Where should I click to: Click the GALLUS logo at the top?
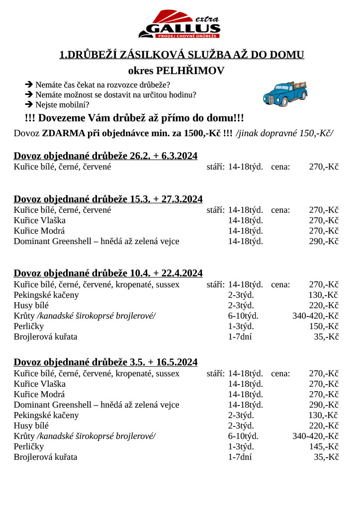[180, 24]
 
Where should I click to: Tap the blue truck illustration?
[285, 93]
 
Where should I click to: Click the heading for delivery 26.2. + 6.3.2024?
[105, 156]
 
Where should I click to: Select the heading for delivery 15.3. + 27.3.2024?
[108, 199]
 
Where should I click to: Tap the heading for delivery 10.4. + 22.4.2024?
[108, 273]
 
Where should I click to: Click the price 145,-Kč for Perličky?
[324, 446]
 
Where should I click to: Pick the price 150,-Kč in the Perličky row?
[324, 326]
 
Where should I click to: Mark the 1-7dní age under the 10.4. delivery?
[240, 337]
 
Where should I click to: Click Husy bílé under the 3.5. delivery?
[31, 425]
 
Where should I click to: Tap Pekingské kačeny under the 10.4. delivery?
[46, 295]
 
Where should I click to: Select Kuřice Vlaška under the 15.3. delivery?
[39, 220]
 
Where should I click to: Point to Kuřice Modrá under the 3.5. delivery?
[39, 394]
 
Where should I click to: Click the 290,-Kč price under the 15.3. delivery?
[324, 241]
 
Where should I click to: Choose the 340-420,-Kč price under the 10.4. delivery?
[315, 316]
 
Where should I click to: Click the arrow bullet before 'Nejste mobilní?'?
[29, 104]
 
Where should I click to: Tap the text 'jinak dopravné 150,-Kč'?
[285, 133]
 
